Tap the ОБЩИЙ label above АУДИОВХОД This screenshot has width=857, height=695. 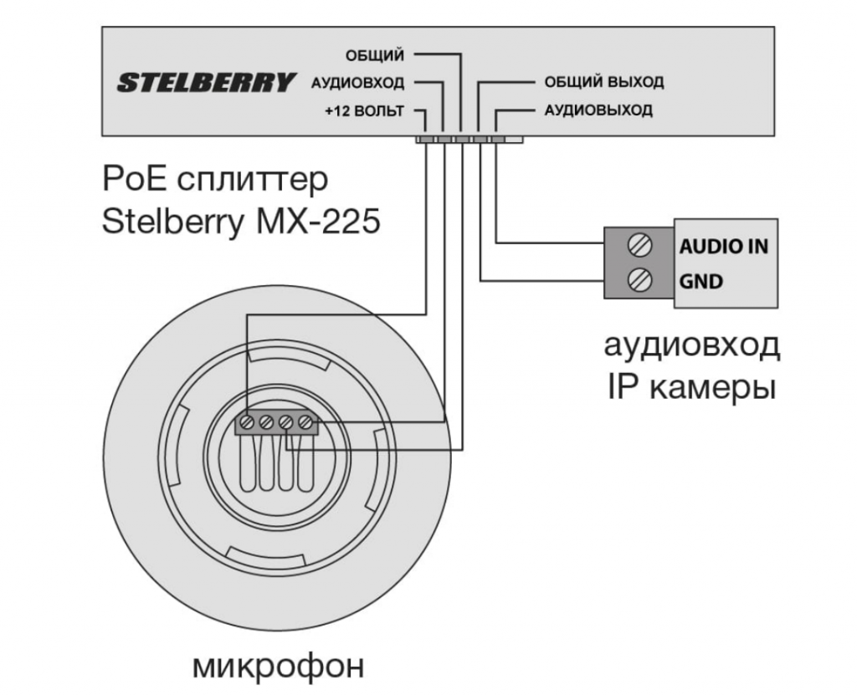(x=375, y=56)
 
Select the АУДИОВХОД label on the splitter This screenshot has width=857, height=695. (x=357, y=84)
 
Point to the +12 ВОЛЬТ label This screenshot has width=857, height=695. (x=365, y=110)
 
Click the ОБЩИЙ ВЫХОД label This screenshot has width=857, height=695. (x=604, y=83)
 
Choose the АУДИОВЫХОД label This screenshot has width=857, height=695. (x=598, y=110)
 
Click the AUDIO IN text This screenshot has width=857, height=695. (x=723, y=247)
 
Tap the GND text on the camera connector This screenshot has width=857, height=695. (x=701, y=281)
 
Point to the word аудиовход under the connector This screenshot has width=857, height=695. (x=692, y=345)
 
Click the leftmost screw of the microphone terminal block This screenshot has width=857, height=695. (x=247, y=424)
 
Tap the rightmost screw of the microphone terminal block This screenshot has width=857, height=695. (x=305, y=424)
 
